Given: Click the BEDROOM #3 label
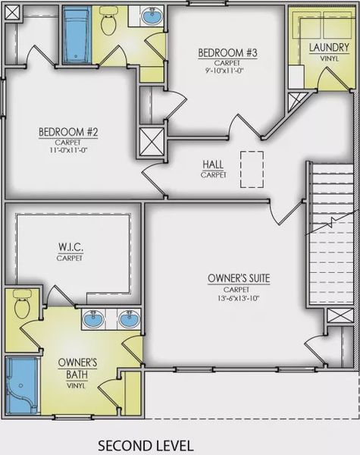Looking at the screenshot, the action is (x=227, y=53).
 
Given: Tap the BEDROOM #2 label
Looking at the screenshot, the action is (x=68, y=132).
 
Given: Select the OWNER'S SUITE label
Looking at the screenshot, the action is (x=239, y=278).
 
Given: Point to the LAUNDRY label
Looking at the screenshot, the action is (x=329, y=47).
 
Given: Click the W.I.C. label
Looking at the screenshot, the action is (x=71, y=247).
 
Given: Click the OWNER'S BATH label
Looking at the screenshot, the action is (x=77, y=369).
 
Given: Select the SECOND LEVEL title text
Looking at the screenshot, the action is (x=146, y=445).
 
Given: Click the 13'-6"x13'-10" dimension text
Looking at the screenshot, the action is (x=238, y=298).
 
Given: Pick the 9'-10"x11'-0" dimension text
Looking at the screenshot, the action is (x=227, y=71).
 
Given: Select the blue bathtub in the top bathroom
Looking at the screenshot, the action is (x=77, y=36).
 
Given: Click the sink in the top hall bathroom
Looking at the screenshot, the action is (x=152, y=16).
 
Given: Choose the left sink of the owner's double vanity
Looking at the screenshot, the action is (x=93, y=318).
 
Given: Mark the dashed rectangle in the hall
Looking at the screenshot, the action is (x=252, y=169).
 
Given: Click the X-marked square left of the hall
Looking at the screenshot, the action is (x=152, y=143).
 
